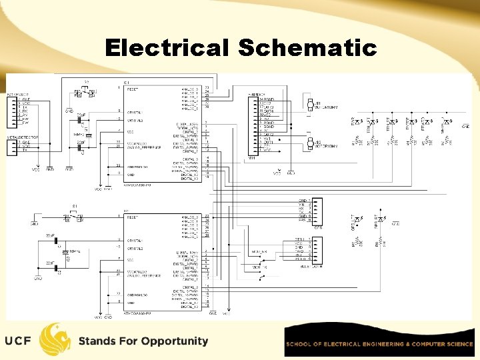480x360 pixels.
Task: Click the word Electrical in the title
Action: coord(167,48)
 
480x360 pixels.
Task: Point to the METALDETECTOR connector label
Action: coord(22,137)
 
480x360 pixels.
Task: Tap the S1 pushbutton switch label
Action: coord(75,207)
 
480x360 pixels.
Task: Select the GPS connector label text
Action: coord(318,227)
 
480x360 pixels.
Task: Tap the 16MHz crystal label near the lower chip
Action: coord(74,252)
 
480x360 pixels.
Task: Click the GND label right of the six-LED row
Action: coord(465,126)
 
